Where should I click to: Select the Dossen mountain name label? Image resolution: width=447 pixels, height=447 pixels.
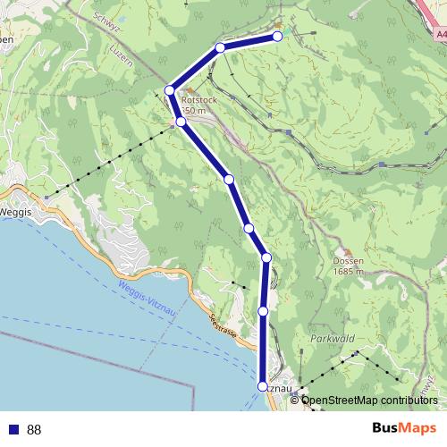(x=347, y=261)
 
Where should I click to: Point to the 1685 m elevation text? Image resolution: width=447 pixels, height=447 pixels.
(x=347, y=271)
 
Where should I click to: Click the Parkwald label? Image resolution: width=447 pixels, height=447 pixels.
(x=333, y=339)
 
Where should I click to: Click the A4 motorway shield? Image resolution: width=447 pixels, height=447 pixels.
(x=438, y=34)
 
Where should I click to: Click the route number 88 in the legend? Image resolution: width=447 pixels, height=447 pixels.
(x=34, y=430)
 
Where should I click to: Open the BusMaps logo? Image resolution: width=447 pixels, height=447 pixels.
(x=404, y=428)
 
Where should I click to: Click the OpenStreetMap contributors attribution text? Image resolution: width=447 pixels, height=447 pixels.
(x=369, y=400)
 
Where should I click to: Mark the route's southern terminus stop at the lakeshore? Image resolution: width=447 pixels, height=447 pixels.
(x=262, y=386)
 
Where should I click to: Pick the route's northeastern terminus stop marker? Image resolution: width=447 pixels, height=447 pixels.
(x=277, y=37)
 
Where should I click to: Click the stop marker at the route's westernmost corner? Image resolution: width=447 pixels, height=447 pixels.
(x=169, y=89)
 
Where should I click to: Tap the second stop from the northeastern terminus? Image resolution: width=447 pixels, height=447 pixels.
(x=220, y=47)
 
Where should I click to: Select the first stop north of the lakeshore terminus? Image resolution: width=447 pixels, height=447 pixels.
(x=264, y=310)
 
